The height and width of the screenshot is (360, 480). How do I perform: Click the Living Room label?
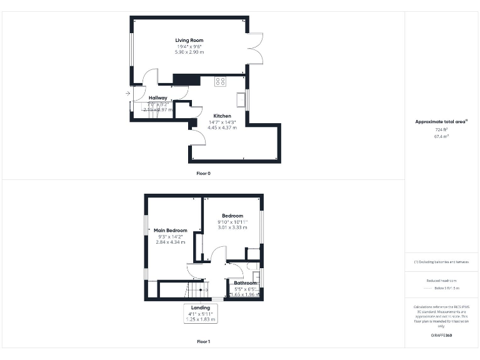[189, 41]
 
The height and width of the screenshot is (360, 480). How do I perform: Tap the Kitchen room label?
[222, 116]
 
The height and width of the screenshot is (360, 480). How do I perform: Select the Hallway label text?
[157, 97]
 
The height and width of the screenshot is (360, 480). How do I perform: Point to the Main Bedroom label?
[171, 231]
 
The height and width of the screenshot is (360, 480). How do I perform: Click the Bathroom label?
[245, 283]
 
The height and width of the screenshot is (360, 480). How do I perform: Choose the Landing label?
[200, 307]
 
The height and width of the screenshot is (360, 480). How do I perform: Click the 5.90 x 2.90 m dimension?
[189, 52]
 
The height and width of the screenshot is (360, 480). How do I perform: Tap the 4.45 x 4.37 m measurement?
[222, 127]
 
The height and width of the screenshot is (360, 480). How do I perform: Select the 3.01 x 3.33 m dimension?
[232, 227]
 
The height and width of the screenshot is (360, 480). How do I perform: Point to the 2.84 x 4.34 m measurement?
[171, 242]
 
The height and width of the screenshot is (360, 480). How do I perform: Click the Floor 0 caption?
[203, 173]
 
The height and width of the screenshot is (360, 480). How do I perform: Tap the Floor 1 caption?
[203, 342]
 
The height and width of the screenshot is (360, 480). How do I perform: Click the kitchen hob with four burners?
[220, 81]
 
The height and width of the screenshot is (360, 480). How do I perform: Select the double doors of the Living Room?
[254, 49]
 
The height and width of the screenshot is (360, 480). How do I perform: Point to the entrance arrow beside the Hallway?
[127, 94]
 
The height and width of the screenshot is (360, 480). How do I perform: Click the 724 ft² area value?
[442, 129]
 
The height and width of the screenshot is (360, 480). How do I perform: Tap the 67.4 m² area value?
[442, 136]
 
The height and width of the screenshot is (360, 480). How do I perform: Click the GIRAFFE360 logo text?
[442, 336]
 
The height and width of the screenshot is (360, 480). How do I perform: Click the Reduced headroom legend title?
[442, 281]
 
